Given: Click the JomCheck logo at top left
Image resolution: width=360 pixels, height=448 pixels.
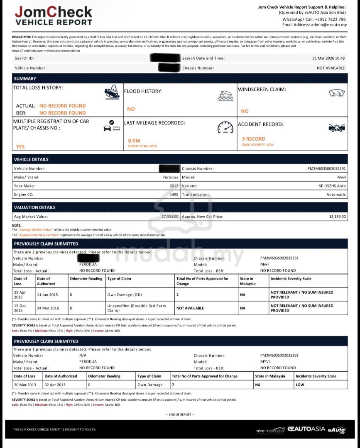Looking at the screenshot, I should (x=54, y=16).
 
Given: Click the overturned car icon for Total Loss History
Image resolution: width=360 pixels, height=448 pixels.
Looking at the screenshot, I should (x=112, y=92).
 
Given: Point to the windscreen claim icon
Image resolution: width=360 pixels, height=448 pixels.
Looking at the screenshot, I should (x=337, y=93).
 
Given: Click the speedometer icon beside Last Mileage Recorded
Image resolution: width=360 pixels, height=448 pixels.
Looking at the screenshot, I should (x=225, y=128).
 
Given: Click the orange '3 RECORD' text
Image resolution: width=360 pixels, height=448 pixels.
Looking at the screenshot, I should (x=253, y=139).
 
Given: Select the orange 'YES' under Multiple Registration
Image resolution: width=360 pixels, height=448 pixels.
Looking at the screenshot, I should (x=20, y=146).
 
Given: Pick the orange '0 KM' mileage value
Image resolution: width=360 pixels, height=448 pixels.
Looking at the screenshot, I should (x=134, y=141).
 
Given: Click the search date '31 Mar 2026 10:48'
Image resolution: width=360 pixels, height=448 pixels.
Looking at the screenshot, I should (x=328, y=58).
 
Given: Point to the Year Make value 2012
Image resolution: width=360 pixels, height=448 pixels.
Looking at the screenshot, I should (x=174, y=186).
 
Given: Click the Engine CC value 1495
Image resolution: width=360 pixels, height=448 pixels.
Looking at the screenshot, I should (x=174, y=195).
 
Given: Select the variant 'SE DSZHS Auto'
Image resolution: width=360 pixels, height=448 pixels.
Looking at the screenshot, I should (x=330, y=186).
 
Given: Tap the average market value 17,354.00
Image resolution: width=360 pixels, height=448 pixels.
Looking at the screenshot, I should (x=170, y=217).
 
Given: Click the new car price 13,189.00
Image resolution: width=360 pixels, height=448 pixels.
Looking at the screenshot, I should (x=337, y=217).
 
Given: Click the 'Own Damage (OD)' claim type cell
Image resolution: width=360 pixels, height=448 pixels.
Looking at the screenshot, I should (x=125, y=295).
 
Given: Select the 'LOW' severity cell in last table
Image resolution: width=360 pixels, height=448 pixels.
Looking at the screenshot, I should (x=300, y=385).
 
